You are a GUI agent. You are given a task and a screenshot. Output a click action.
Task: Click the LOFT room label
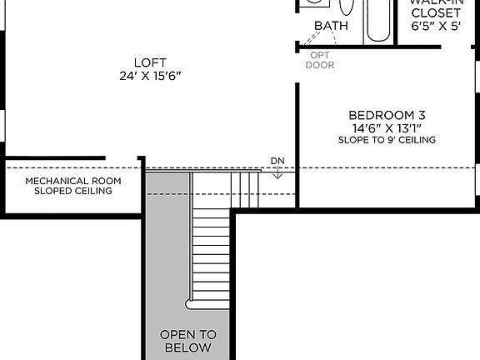150,62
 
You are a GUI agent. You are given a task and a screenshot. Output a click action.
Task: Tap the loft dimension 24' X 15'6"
150,76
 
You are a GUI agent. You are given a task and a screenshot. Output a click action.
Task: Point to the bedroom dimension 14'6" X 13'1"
386,127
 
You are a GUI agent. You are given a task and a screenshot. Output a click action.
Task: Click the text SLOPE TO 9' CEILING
387,140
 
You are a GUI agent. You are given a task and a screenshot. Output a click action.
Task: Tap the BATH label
330,26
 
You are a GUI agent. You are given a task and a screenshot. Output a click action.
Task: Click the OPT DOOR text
321,60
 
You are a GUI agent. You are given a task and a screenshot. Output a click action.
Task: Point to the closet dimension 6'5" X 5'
436,26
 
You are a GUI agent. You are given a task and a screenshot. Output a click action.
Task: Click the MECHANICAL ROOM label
73,181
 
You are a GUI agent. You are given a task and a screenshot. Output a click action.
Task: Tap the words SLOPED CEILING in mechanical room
73,191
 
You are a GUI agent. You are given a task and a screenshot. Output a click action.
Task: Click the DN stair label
277,160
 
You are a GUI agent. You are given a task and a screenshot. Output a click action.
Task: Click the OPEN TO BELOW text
188,341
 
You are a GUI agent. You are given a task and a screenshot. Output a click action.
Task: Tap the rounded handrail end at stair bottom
189,304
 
